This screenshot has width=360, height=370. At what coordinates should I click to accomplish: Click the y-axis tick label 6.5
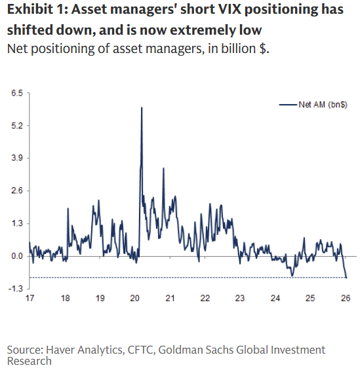pos(16,93)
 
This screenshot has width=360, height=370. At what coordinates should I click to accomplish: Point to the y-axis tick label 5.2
pos(16,126)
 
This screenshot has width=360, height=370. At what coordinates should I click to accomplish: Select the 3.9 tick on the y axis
pos(16,158)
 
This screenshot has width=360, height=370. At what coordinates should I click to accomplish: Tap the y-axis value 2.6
pos(16,191)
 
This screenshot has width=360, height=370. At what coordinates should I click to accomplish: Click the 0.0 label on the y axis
pos(16,256)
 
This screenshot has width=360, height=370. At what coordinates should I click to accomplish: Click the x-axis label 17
pos(30,298)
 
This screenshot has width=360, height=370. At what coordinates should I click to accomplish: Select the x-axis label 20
pos(135,298)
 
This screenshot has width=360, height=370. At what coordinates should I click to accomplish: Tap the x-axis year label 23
pos(241,298)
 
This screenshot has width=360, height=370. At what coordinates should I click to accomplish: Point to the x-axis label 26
pos(346,298)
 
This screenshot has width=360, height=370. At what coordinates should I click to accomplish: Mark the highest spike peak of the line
pos(142,107)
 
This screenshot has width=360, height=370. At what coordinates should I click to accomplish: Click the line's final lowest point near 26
pos(346,278)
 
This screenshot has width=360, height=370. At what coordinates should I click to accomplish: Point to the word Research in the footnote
pos(30,360)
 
